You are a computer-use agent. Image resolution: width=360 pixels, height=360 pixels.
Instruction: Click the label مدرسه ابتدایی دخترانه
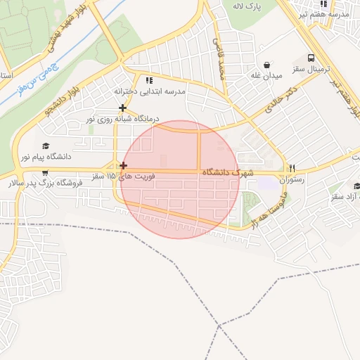pos(150,91)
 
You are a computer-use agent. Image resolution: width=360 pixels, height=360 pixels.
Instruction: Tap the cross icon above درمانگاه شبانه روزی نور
pos(123,108)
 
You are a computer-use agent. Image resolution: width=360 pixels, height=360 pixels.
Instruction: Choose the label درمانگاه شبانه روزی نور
pos(124,119)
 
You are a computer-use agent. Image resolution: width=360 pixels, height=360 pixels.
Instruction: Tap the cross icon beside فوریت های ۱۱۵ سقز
pos(124,166)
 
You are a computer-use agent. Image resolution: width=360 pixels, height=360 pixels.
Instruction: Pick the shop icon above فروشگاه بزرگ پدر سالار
pos(46,172)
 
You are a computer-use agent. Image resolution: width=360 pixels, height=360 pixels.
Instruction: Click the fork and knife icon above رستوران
pos(292,168)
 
